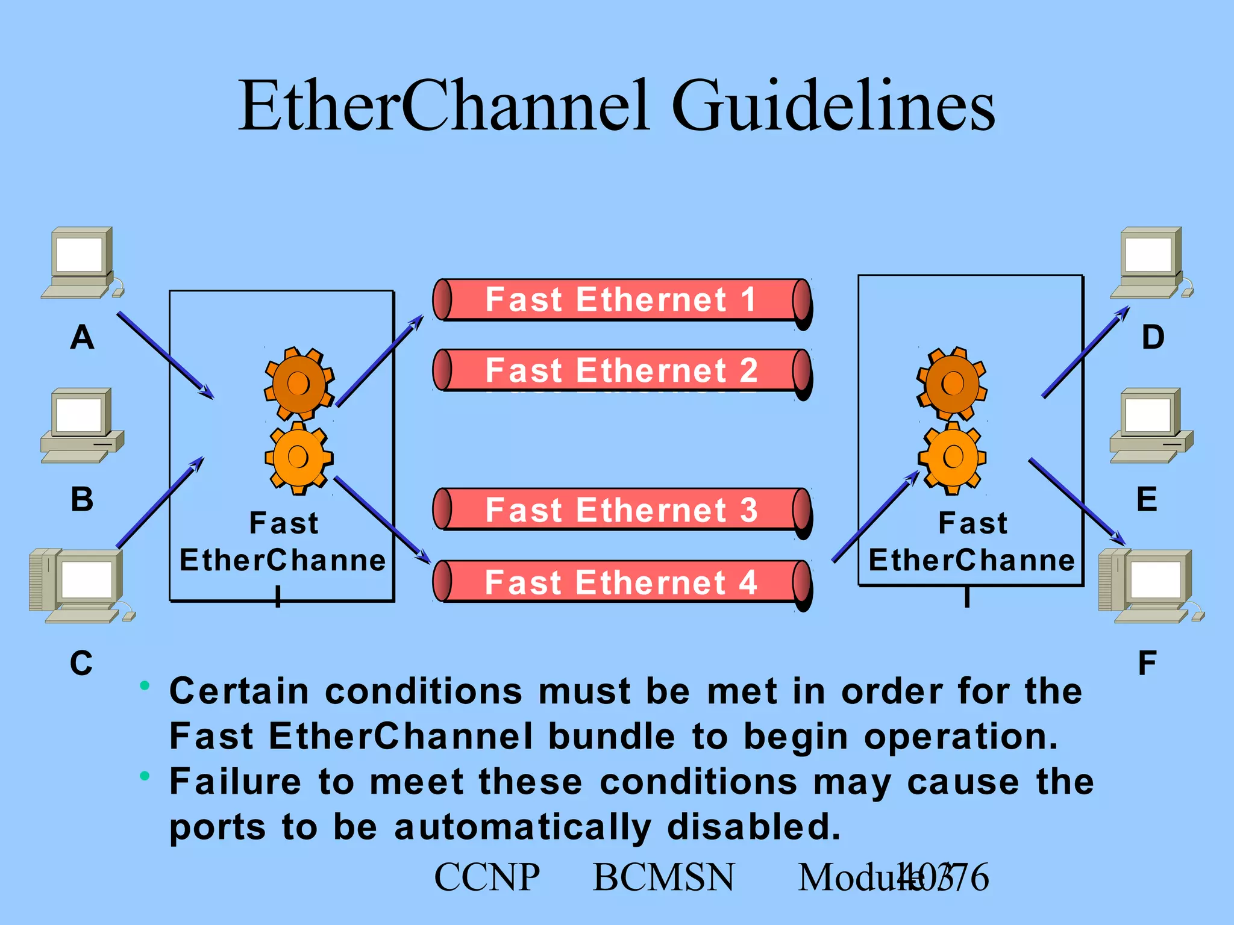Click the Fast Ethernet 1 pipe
[x=621, y=300]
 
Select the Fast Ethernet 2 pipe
[x=621, y=370]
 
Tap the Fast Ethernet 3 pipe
[x=621, y=509]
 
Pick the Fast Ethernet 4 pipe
[x=621, y=582]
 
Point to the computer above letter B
[x=82, y=425]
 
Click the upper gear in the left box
[x=299, y=383]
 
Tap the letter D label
[x=1153, y=337]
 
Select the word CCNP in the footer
[x=487, y=877]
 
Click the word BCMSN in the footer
[x=663, y=877]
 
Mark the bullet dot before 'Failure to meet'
[x=145, y=776]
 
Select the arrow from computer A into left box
[x=165, y=355]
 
